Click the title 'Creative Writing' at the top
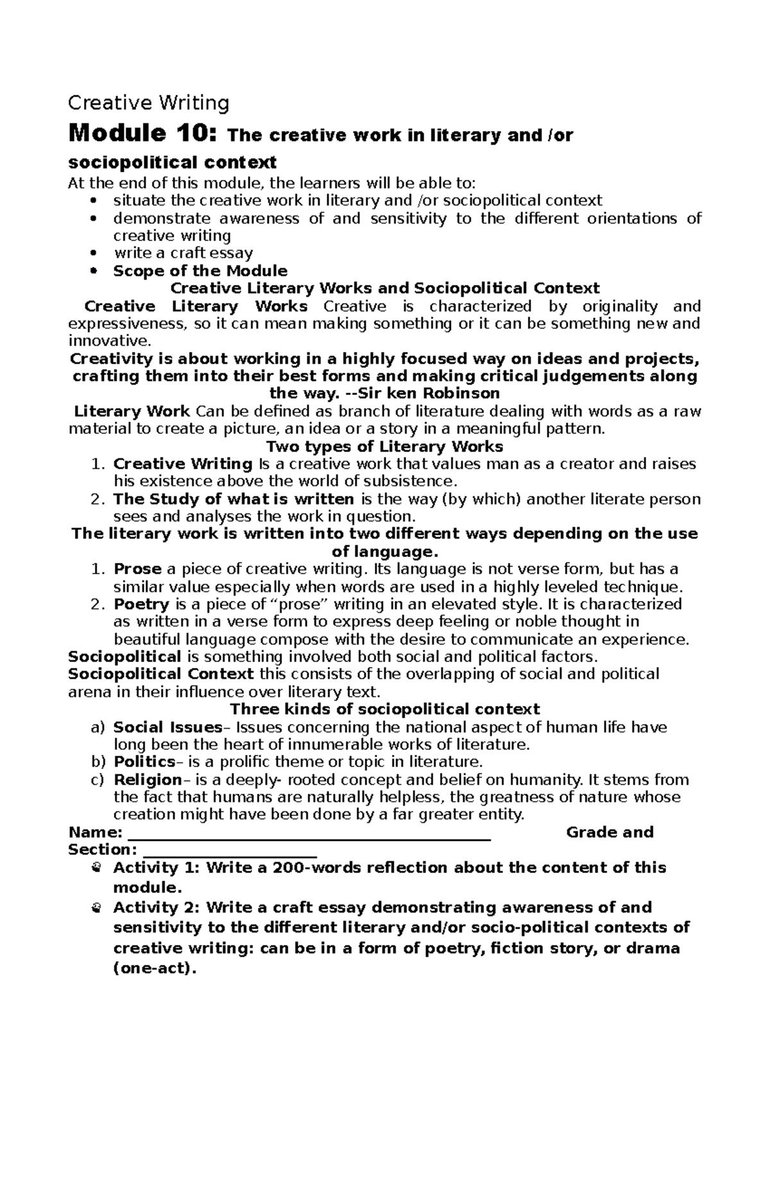point(148,103)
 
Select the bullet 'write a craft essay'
point(183,253)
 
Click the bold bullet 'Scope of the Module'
point(200,271)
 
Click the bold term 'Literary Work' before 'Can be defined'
point(132,411)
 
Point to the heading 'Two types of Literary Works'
point(384,446)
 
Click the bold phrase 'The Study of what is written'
point(234,499)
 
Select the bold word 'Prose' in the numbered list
point(137,569)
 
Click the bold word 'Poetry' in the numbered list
point(141,604)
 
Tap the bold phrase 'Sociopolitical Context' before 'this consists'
point(161,674)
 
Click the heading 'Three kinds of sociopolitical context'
point(384,709)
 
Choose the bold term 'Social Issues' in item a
point(167,727)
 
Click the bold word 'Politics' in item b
point(144,762)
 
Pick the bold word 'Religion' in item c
point(148,780)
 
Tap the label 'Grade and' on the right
point(610,833)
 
